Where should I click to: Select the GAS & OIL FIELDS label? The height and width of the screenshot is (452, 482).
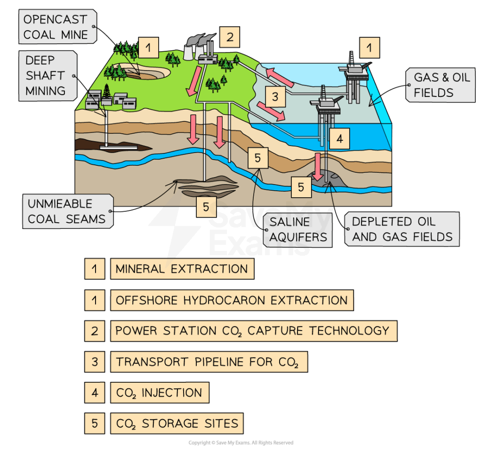442,85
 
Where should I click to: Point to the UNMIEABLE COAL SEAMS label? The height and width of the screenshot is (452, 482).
66,211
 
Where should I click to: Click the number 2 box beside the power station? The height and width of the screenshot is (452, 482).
229,37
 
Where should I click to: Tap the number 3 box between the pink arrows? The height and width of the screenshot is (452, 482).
275,97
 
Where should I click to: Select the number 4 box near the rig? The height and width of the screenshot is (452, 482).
339,139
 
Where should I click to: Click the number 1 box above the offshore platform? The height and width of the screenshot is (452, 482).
369,48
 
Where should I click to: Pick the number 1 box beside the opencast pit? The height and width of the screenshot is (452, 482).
148,48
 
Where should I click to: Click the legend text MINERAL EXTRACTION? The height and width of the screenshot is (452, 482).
182,269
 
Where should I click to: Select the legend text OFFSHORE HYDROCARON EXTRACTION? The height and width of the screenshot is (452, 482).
232,300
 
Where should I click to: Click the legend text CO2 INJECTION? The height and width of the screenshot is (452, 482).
159,393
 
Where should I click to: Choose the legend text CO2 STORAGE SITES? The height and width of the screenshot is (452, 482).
177,424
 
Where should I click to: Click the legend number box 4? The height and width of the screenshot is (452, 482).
95,393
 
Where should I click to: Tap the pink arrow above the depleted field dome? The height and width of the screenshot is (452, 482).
319,167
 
